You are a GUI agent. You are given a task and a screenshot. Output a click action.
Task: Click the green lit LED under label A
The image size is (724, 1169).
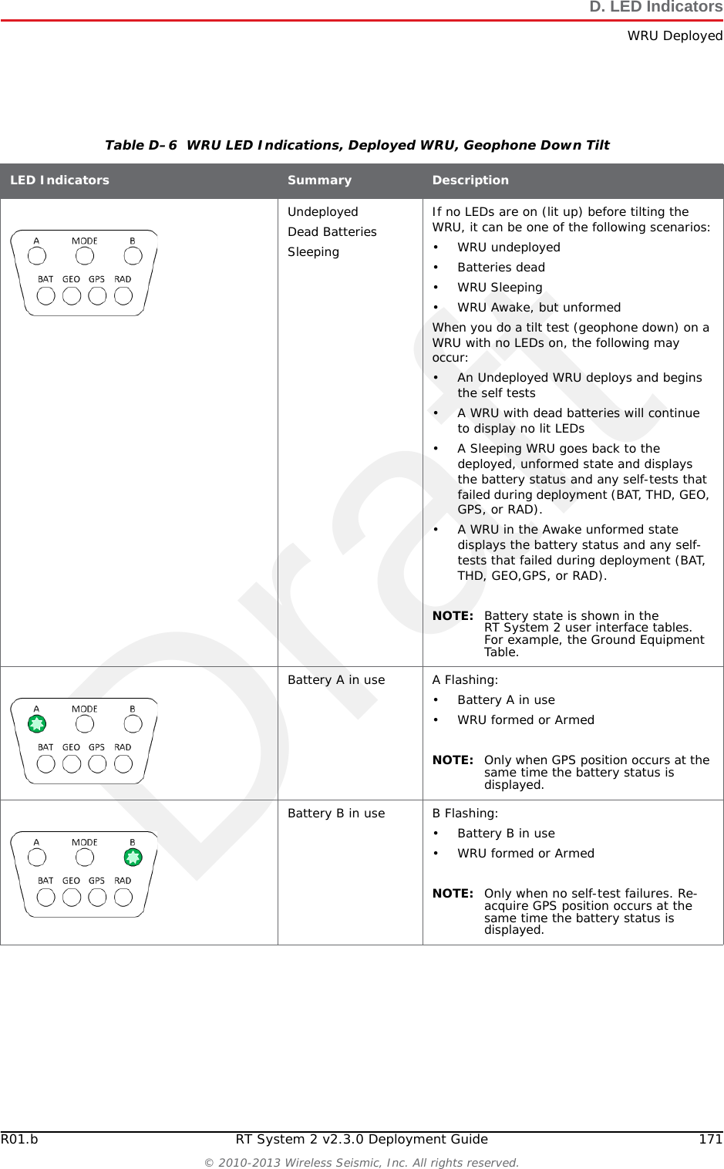pos(36,724)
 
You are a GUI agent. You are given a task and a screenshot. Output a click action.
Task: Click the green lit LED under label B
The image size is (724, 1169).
pos(133,857)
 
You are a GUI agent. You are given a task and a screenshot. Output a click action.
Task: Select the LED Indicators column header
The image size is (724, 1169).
pos(59,180)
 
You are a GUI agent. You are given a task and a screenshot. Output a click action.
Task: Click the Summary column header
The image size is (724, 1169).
pos(319,180)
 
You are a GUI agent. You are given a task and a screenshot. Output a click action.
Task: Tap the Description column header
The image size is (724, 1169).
pos(470,180)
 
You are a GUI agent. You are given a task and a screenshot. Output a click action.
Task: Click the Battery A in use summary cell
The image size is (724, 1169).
pos(336,680)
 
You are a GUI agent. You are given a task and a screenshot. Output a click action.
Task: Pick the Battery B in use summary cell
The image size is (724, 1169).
pos(336,814)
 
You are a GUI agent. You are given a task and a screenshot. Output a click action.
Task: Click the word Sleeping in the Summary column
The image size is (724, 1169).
pos(313,252)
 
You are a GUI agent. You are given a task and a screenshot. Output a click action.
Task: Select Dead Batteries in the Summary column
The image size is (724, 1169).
pos(332,232)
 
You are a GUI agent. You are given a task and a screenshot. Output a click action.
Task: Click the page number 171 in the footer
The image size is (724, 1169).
pos(710,1140)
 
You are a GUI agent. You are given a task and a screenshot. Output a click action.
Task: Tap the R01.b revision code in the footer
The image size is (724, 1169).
pos(19,1140)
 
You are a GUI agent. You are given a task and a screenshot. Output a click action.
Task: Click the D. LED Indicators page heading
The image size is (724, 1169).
pos(655,8)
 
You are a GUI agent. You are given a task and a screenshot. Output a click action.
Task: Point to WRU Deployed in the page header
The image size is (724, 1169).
pos(675,36)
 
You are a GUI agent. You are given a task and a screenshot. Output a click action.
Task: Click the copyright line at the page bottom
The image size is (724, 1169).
pos(361,1163)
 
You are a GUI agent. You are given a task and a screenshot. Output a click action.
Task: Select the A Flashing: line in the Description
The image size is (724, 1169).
pos(465,680)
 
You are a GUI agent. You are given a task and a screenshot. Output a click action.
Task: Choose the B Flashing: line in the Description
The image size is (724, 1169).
pos(465,814)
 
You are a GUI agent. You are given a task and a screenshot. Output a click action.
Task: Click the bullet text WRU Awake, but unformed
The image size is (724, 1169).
pos(539,308)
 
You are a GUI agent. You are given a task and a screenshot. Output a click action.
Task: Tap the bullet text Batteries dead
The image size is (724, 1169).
pos(501,268)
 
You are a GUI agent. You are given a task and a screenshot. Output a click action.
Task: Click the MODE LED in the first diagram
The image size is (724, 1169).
pos(85,256)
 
